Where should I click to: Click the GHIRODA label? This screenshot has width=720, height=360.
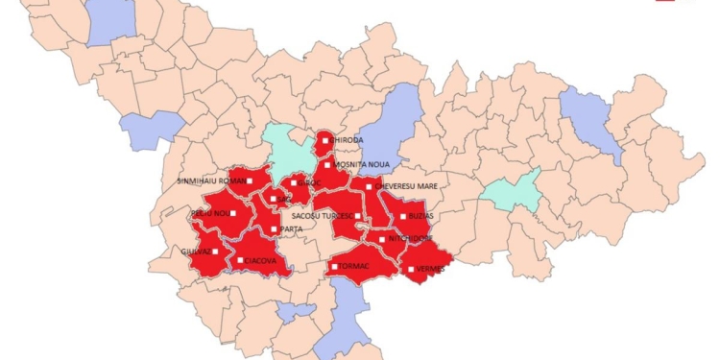click(348, 140)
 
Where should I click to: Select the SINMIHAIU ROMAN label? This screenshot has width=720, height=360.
click(210, 180)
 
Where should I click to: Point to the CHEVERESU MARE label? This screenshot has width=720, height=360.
click(406, 186)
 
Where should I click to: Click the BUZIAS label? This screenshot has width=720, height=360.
click(423, 217)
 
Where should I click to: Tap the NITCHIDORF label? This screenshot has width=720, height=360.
click(413, 239)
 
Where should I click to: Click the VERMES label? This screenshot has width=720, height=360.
click(431, 270)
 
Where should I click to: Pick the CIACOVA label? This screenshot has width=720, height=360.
click(261, 260)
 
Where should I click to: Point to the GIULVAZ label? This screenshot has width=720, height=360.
click(195, 252)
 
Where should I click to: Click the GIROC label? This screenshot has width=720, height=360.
click(309, 181)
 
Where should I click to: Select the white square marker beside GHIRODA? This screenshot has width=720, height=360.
click(326, 140)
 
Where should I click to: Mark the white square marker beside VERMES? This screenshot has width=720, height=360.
click(411, 269)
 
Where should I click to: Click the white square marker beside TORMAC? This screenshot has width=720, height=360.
click(333, 266)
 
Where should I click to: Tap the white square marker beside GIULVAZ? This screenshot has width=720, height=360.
click(215, 252)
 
